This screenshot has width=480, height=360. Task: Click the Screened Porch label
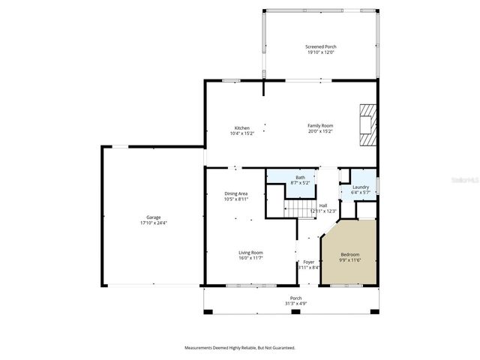click(319, 46)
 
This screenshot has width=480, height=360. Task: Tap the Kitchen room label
click(241, 128)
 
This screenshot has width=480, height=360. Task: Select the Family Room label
click(320, 125)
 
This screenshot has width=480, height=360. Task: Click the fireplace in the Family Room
click(365, 124)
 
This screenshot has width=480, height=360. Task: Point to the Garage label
click(153, 217)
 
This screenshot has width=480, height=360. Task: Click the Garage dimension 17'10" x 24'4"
click(153, 223)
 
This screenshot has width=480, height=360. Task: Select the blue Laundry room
click(360, 189)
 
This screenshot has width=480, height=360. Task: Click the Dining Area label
click(235, 193)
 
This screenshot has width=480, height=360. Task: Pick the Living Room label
click(250, 253)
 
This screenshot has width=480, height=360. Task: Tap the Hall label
click(322, 205)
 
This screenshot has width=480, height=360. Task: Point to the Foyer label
click(308, 262)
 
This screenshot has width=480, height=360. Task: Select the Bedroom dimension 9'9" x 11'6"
click(350, 259)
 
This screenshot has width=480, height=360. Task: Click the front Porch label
click(295, 298)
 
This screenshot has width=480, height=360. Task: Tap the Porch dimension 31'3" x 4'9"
click(295, 304)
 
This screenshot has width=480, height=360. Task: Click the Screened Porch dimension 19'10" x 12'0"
click(319, 52)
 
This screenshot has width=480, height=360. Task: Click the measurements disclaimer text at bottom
click(240, 348)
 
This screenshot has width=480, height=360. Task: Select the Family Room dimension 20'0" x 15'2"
click(320, 131)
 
